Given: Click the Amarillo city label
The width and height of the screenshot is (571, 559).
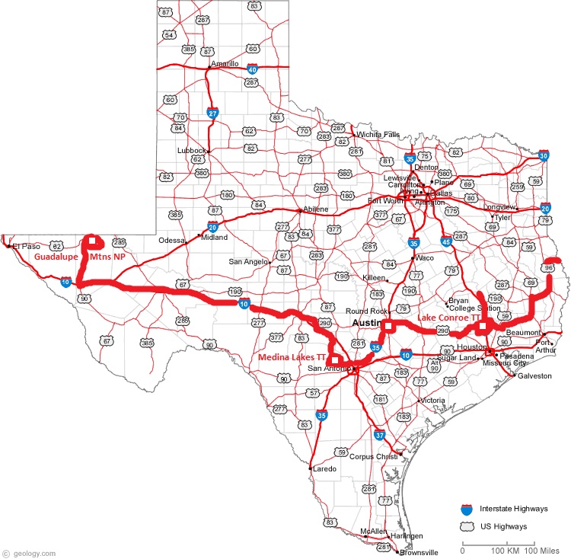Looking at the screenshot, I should pos(225,63).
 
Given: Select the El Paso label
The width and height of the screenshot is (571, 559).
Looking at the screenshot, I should pos(25,247).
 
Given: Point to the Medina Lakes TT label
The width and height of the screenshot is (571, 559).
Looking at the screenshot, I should pos(292,356).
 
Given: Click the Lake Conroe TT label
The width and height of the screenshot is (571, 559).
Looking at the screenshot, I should pos(448,317).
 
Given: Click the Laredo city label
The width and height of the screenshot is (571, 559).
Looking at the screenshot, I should pos(324,469).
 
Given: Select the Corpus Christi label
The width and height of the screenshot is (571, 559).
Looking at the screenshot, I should pos(374,456).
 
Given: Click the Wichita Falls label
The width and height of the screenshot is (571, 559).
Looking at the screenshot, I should pos(378,135).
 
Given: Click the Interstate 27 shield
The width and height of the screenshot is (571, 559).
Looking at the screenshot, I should pos(213,113).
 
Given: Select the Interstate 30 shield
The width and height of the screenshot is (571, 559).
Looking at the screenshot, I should pos(543,155).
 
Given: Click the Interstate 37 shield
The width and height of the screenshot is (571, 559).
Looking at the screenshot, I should pos(380,436).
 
